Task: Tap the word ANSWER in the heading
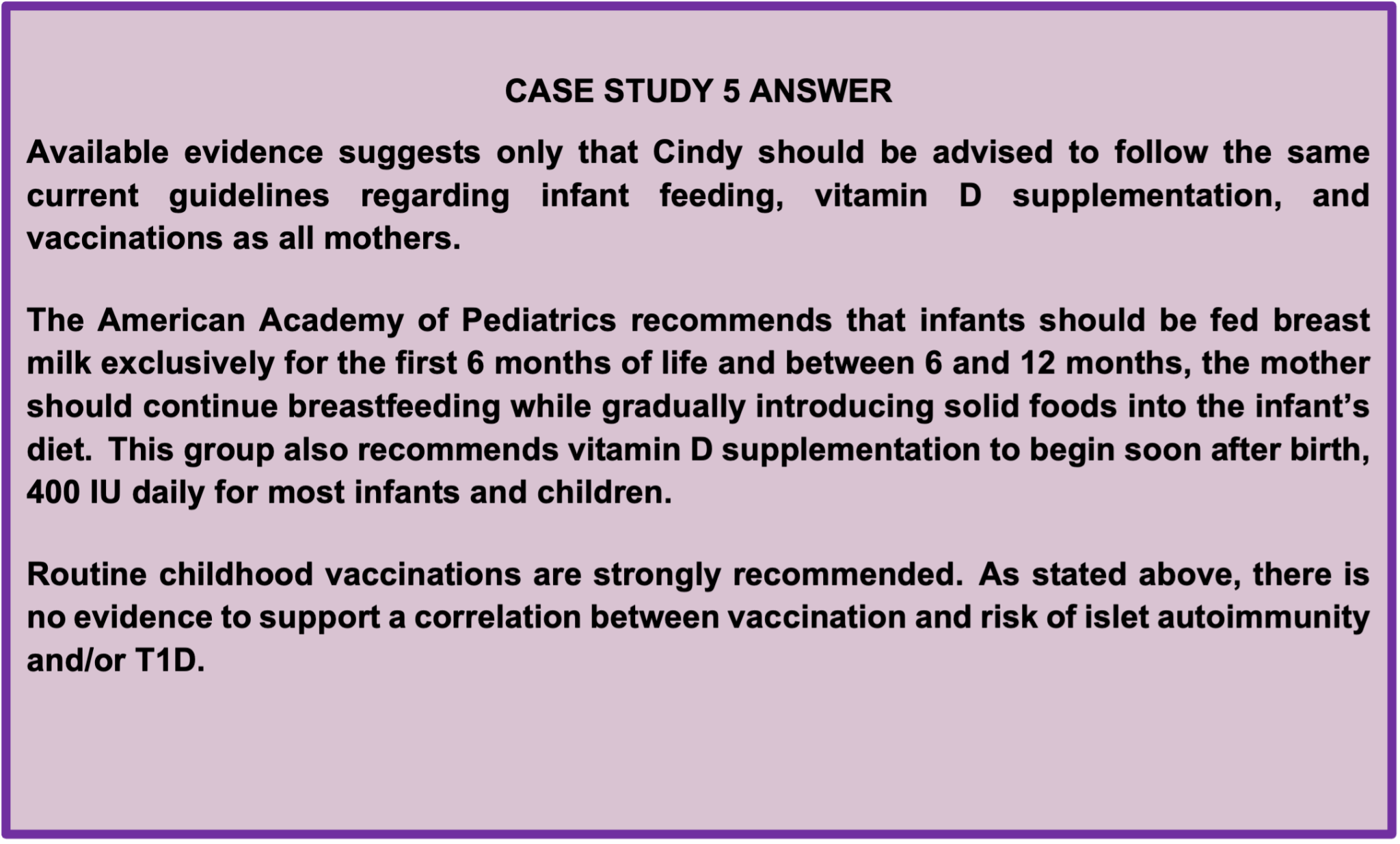tap(820, 91)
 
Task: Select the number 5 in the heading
tap(731, 91)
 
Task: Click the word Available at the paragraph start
tap(98, 152)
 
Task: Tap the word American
tap(171, 320)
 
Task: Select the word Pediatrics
tap(539, 320)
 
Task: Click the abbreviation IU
tap(105, 492)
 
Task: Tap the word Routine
tap(87, 574)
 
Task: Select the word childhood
tap(237, 574)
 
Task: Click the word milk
tap(59, 363)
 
